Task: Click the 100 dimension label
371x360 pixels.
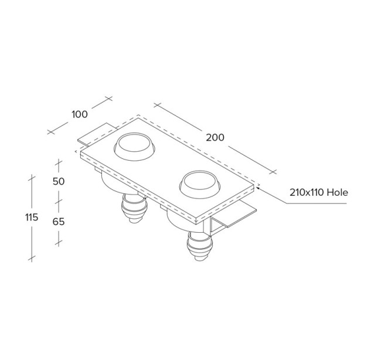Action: pyautogui.click(x=80, y=114)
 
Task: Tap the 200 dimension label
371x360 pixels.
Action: pyautogui.click(x=215, y=138)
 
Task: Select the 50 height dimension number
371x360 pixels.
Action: pyautogui.click(x=59, y=182)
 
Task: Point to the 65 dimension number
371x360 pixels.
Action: pyautogui.click(x=59, y=222)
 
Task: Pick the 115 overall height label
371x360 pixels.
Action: pyautogui.click(x=32, y=218)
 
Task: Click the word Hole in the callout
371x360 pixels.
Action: pyautogui.click(x=337, y=192)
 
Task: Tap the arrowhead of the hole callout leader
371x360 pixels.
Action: pyautogui.click(x=258, y=188)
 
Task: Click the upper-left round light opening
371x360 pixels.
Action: pyautogui.click(x=134, y=147)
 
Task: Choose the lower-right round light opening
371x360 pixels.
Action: pyautogui.click(x=200, y=184)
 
